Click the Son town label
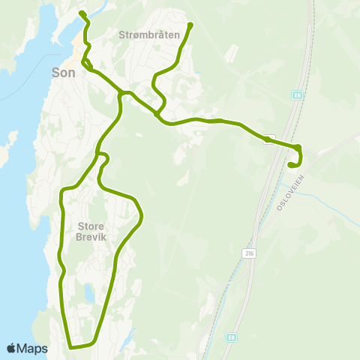click(64, 73)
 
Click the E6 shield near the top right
click(296, 95)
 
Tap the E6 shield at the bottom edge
click(232, 337)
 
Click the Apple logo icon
click(11, 348)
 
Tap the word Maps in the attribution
click(34, 348)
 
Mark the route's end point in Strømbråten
click(190, 25)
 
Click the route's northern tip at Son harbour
click(81, 12)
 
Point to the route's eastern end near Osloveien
click(290, 165)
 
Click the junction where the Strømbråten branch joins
click(157, 114)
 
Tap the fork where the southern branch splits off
click(121, 93)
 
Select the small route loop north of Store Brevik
click(103, 157)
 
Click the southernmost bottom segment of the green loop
click(81, 346)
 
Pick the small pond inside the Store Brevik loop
click(89, 292)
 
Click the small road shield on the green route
click(267, 139)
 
